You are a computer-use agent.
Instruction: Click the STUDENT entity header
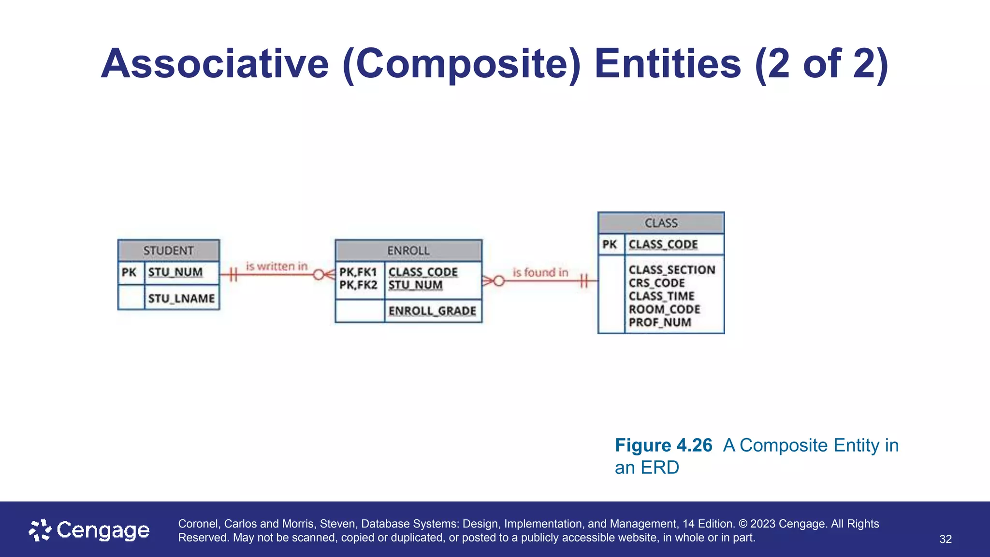(168, 250)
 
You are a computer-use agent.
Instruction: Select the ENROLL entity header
(408, 250)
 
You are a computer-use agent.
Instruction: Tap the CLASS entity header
(661, 223)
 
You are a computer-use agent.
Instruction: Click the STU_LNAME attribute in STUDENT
(181, 298)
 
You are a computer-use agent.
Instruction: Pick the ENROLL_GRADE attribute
(432, 311)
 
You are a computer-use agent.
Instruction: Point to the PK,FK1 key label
(358, 272)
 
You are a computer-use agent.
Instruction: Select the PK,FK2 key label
(358, 285)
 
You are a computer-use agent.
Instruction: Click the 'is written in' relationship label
(277, 266)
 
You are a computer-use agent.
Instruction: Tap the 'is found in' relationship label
(540, 273)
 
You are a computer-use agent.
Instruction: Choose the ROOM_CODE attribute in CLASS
(664, 309)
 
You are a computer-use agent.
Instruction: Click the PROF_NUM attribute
(660, 322)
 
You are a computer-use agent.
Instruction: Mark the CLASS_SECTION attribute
(671, 270)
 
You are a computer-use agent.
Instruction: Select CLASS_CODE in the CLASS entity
(663, 245)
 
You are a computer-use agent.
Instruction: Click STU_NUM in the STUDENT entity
(175, 272)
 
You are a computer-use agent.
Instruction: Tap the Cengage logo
(89, 530)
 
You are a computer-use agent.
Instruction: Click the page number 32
(945, 539)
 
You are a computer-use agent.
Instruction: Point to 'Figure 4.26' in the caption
(663, 445)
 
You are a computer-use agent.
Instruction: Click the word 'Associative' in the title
(215, 64)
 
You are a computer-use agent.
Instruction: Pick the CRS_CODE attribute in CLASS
(656, 283)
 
